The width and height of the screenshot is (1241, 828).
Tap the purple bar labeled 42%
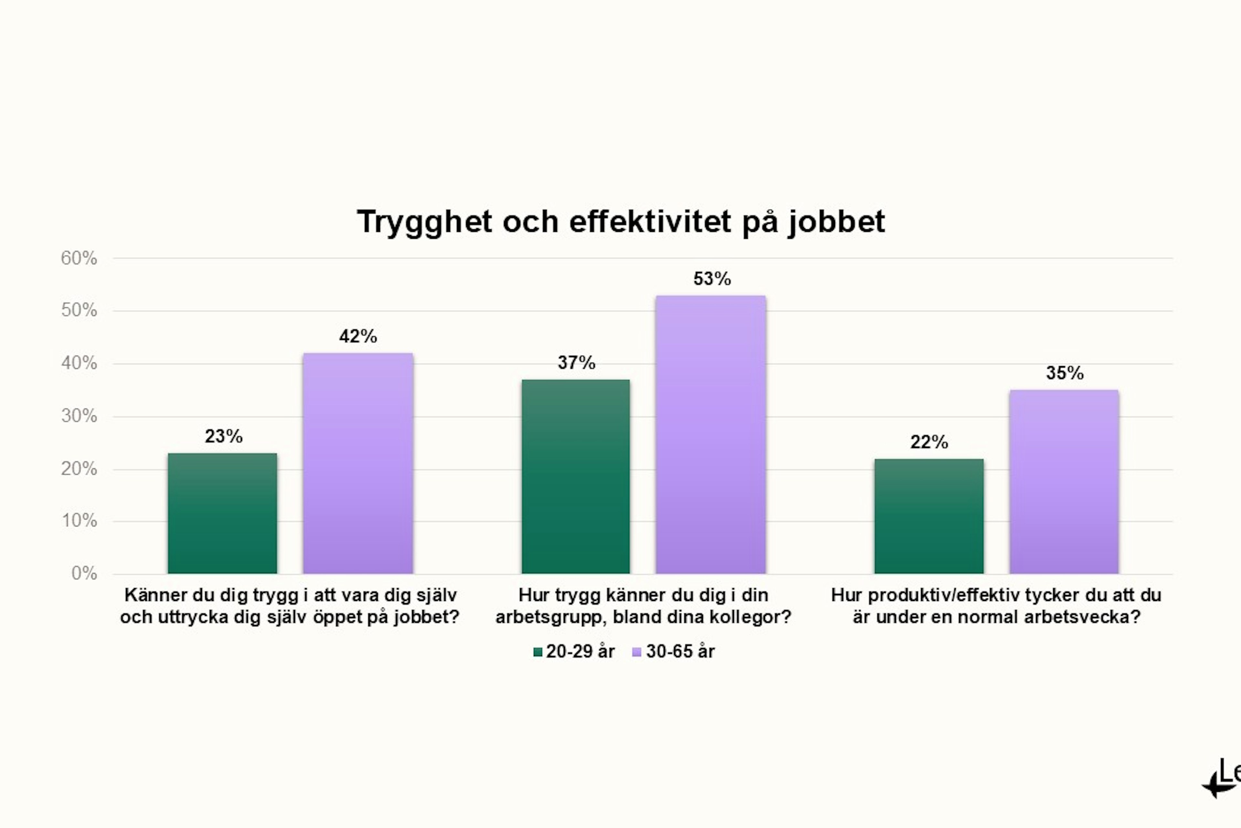[358, 463]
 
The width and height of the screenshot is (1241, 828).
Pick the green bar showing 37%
[576, 476]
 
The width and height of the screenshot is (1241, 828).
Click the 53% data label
[712, 279]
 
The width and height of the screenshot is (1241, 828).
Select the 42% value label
[358, 336]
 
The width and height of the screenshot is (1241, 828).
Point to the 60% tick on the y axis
[79, 258]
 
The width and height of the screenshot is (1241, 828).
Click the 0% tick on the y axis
[84, 573]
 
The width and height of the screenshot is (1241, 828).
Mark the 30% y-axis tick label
[79, 416]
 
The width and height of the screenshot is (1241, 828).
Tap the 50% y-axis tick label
[79, 310]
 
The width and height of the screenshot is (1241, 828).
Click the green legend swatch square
[538, 652]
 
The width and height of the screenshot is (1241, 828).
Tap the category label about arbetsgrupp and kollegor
[643, 606]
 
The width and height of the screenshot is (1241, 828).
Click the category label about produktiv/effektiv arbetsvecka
[996, 606]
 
